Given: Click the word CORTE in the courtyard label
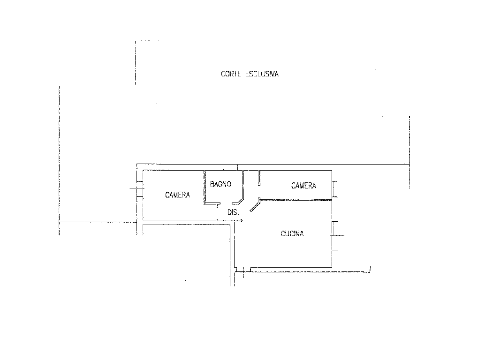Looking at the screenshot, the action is coord(231,74).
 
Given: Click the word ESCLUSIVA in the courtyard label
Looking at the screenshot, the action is coord(262,74).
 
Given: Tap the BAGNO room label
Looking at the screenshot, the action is coord(220,184).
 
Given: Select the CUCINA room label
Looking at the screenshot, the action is coord(292,234).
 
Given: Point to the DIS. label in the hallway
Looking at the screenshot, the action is coord(233,212).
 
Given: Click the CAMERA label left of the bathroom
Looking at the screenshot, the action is coord(178,195).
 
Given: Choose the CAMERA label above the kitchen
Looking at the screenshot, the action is coord(303,186).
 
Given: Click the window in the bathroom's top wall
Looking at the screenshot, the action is coord(230,167).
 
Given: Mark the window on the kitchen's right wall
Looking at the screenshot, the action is coord(335,236).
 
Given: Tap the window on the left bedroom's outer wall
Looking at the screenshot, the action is coord(140,189).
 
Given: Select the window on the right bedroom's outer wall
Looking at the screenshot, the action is coord(335,189).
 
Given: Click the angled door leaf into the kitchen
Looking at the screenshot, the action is coord(255,206).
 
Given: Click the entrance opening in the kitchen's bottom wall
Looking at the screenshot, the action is coord(243,270).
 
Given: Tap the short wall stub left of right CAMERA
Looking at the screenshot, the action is coord(259,178).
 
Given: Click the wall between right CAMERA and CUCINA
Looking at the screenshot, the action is coord(296,200).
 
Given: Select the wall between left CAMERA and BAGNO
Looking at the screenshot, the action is coord(205,187).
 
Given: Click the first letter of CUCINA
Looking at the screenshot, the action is coord(283,234).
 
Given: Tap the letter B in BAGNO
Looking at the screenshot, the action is coord(212,184).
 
